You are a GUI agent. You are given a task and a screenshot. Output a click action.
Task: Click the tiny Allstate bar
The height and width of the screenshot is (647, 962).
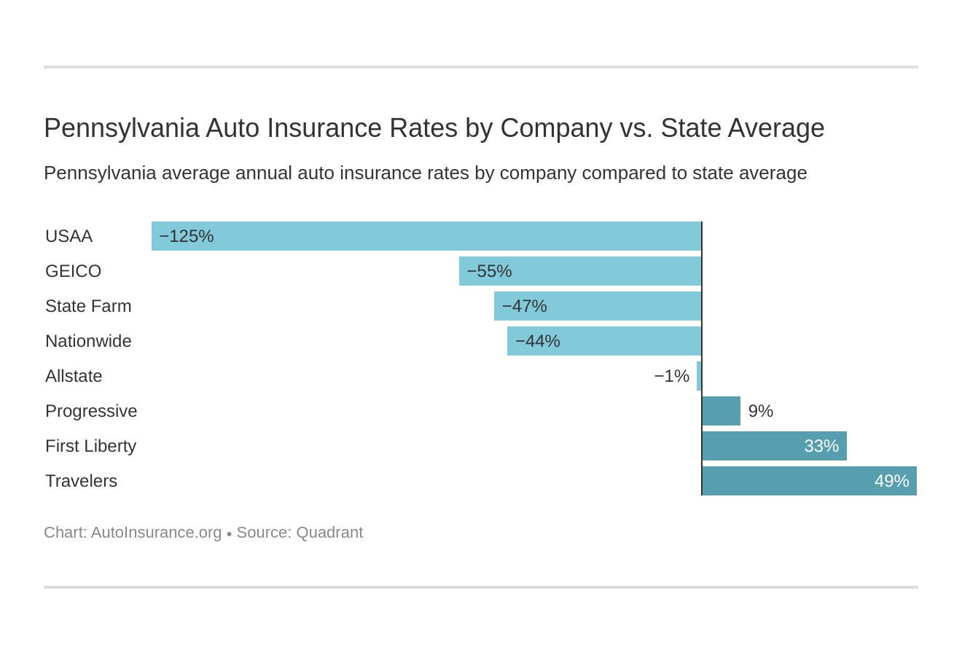click(x=699, y=376)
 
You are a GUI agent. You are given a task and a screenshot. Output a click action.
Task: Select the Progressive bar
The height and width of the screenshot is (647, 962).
click(x=721, y=411)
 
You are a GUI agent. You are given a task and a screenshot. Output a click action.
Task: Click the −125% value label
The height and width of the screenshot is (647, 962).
click(x=187, y=236)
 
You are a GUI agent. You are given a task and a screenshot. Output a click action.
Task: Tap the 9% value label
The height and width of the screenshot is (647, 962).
click(x=760, y=411)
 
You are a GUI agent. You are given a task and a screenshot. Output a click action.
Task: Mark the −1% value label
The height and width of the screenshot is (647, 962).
click(x=671, y=376)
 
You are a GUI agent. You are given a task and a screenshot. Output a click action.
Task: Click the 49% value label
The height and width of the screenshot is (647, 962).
click(x=891, y=481)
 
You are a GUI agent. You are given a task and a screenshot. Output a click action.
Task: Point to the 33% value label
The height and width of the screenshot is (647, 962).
click(x=821, y=446)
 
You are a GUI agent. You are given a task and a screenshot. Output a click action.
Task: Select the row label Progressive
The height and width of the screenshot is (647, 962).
click(x=91, y=411)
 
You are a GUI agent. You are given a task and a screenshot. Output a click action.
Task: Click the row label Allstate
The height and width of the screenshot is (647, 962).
click(x=74, y=376)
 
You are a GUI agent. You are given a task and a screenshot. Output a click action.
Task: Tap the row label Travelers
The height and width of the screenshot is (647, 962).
click(x=81, y=481)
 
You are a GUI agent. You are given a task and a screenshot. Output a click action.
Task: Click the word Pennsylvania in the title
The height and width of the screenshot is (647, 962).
click(x=121, y=128)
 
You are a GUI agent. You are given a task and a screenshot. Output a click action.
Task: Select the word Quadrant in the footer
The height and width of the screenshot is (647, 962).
click(x=329, y=533)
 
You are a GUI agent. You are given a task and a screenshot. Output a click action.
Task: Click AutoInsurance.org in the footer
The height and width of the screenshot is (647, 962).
click(x=156, y=533)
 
